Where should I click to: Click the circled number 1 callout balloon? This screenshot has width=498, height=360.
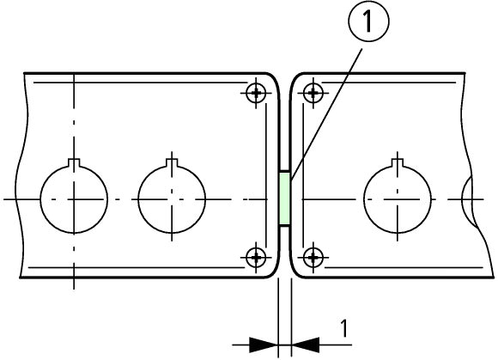click(368, 21)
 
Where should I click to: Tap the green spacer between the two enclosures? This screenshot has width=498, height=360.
click(284, 198)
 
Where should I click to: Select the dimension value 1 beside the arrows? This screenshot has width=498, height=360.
click(344, 328)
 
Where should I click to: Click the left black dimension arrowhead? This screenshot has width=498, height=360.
click(264, 345)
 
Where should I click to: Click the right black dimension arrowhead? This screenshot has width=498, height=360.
click(306, 345)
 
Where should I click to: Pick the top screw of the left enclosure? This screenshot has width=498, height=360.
click(256, 93)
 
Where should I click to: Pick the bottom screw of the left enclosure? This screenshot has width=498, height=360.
click(256, 257)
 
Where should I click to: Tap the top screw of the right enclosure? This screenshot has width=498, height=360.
click(313, 93)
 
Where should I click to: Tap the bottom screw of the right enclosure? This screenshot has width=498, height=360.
click(313, 257)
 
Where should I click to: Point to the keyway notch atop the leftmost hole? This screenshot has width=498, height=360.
click(74, 162)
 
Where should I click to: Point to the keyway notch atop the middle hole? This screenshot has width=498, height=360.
click(172, 162)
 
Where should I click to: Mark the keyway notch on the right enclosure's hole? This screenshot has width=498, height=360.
click(398, 162)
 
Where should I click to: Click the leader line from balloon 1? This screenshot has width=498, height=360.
click(326, 113)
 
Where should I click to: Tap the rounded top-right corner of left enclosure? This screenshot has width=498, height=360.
click(276, 78)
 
